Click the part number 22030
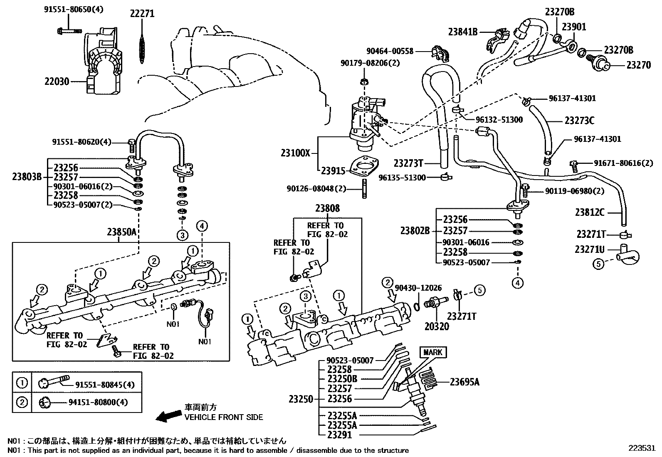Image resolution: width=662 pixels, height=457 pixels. pyautogui.click(x=57, y=82)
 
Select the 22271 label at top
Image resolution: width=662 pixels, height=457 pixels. pyautogui.click(x=142, y=14)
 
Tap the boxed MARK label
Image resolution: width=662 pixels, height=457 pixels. pyautogui.click(x=433, y=353)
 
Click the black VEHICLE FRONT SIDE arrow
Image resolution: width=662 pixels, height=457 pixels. pyautogui.click(x=168, y=415)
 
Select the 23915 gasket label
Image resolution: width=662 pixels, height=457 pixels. pyautogui.click(x=333, y=170)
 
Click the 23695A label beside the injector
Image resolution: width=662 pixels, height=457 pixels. pyautogui.click(x=464, y=381)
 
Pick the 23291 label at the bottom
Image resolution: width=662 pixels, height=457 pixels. pyautogui.click(x=339, y=435)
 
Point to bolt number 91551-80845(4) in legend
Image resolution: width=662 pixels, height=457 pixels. pyautogui.click(x=105, y=385)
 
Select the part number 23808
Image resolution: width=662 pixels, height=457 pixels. pyautogui.click(x=327, y=208)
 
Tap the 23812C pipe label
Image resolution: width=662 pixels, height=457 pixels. pyautogui.click(x=590, y=212)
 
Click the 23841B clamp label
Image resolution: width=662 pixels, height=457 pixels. pyautogui.click(x=463, y=31)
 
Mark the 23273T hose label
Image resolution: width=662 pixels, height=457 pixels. pyautogui.click(x=408, y=163)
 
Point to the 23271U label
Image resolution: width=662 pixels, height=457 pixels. pyautogui.click(x=590, y=249)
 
